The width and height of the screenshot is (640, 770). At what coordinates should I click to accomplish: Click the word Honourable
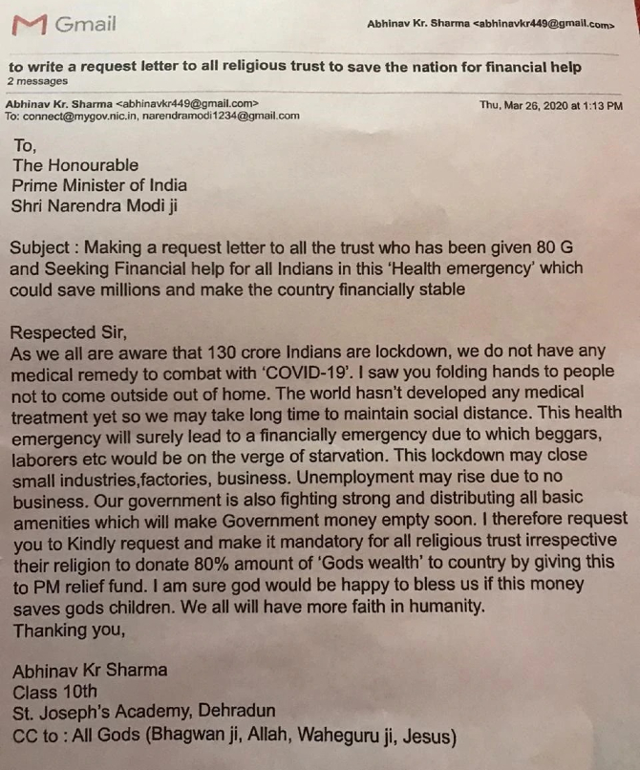90,165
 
